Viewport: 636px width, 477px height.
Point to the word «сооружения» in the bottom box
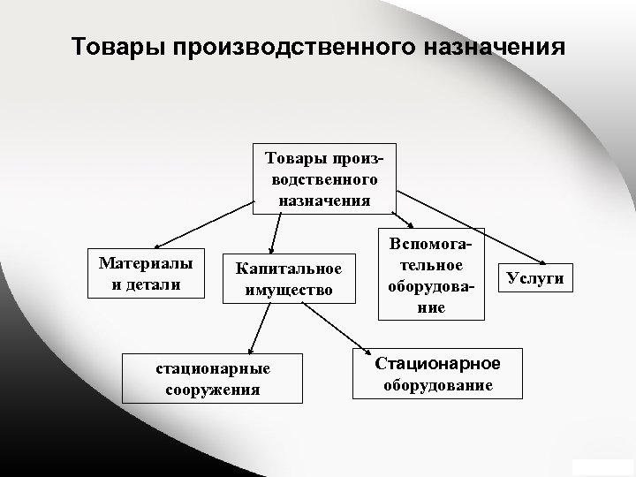(x=212, y=389)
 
